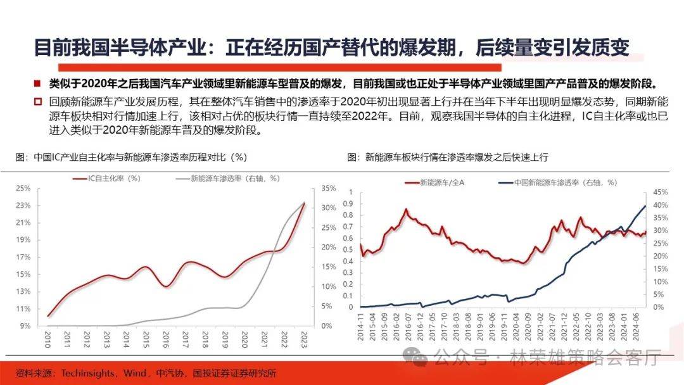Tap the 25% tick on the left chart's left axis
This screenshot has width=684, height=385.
click(x=23, y=188)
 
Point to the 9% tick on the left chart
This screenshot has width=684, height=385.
click(x=25, y=325)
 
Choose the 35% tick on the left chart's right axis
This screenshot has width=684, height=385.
click(x=329, y=188)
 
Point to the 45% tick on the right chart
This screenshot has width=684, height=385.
click(x=660, y=191)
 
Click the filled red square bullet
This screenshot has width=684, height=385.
click(x=38, y=83)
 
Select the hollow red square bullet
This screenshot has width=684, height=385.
click(x=38, y=101)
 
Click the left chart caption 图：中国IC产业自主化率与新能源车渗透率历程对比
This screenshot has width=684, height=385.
click(x=130, y=157)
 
